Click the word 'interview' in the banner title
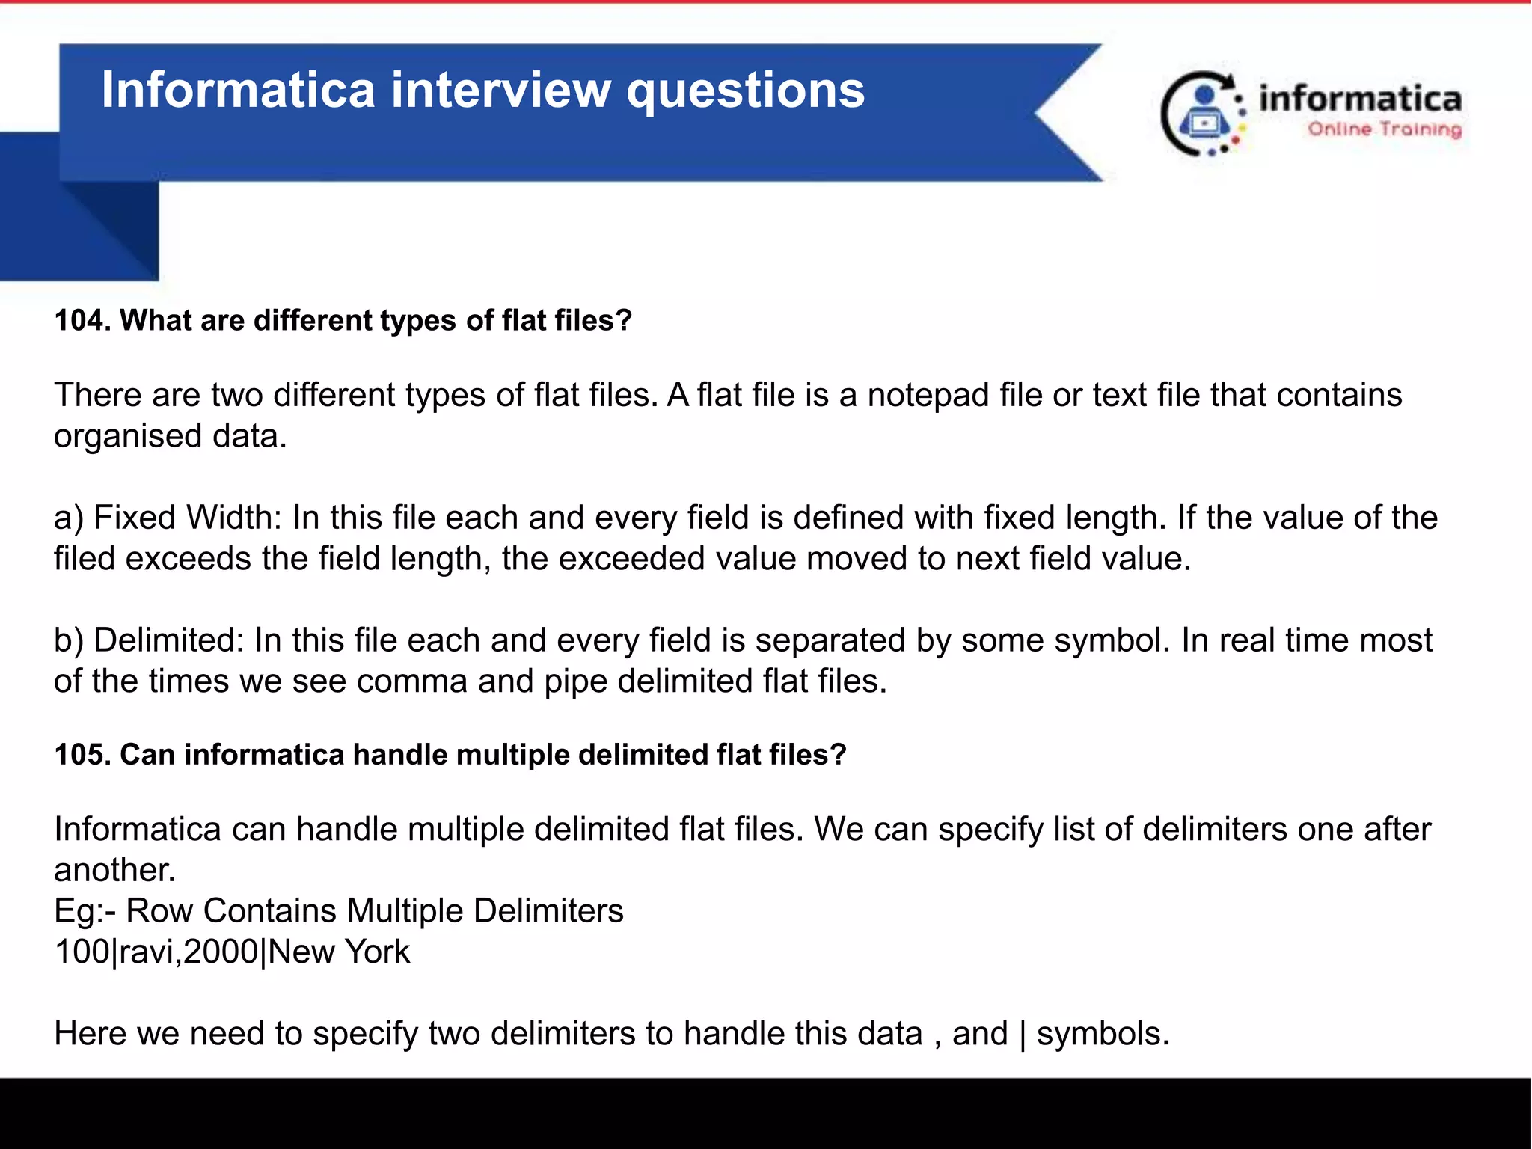pyautogui.click(x=500, y=91)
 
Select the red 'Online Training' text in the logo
pyautogui.click(x=1384, y=129)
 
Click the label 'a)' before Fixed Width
pyautogui.click(x=69, y=518)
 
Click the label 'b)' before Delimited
pyautogui.click(x=69, y=640)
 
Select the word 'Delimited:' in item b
pyautogui.click(x=169, y=640)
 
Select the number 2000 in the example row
pyautogui.click(x=221, y=952)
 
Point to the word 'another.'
pyautogui.click(x=114, y=870)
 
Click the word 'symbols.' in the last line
pyautogui.click(x=1103, y=1034)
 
